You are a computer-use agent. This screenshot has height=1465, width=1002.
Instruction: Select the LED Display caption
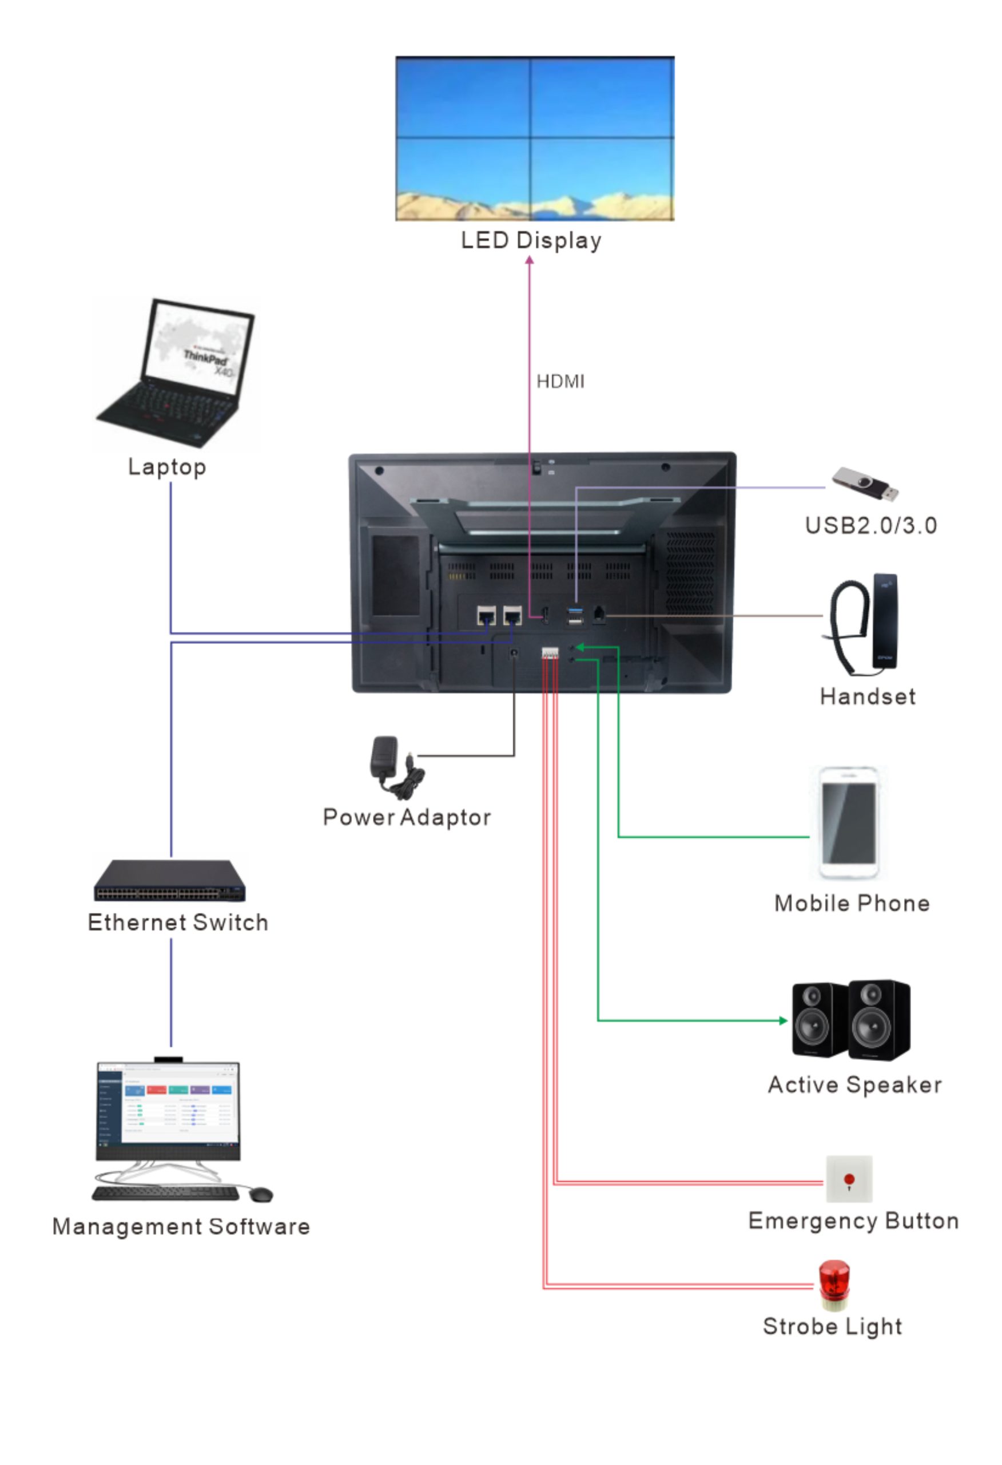[x=531, y=240]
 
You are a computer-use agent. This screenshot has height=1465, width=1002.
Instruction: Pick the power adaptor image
[x=395, y=766]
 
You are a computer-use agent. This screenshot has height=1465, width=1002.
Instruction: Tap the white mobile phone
[x=848, y=823]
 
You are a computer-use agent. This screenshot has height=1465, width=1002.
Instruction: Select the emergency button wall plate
[x=849, y=1179]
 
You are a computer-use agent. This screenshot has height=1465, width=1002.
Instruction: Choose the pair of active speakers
[x=851, y=1020]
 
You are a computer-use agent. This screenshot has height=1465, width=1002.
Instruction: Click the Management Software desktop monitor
[x=168, y=1110]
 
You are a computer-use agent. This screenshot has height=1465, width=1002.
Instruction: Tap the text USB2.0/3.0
[x=870, y=526]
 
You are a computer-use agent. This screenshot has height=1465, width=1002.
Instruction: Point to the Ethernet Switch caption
[x=178, y=922]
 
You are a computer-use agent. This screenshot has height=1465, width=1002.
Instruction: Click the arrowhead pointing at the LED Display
[x=530, y=260]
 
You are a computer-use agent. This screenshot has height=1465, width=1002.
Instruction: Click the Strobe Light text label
[x=832, y=1327]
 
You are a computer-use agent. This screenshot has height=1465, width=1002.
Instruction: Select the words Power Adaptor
[x=407, y=818]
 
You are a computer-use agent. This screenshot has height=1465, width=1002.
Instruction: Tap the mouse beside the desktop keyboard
[x=261, y=1194]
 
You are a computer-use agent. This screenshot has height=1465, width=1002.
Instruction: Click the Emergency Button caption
[x=853, y=1221]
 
